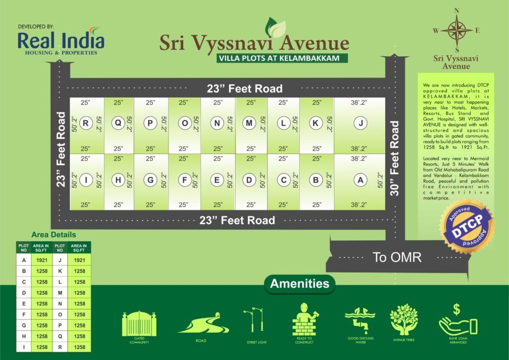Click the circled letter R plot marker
(x=86, y=124)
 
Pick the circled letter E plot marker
(x=217, y=180)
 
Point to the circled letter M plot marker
(x=250, y=124)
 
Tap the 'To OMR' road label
(x=397, y=257)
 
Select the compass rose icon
(x=456, y=30)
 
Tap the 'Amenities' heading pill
(x=300, y=284)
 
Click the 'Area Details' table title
(x=54, y=235)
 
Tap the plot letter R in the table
(x=60, y=347)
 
